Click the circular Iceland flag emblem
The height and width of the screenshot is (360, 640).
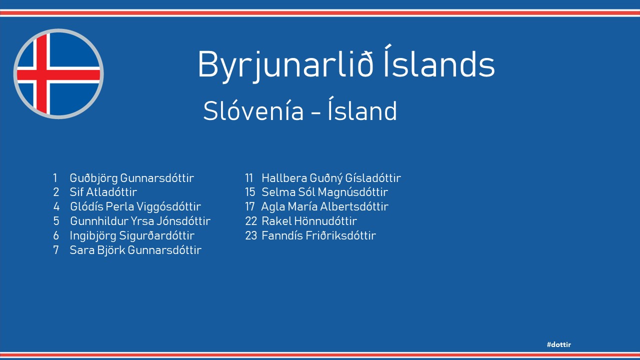point(58,73)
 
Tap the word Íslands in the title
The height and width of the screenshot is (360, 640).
point(439,61)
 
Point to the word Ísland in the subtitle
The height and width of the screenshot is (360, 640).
point(362,108)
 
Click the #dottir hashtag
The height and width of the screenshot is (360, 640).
point(559,344)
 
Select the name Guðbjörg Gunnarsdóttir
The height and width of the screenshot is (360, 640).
point(132,178)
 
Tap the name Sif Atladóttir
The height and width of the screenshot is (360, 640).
point(103,192)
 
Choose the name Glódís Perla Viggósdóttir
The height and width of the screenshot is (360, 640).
point(135,207)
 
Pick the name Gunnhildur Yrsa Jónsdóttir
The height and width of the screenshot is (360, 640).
point(140,221)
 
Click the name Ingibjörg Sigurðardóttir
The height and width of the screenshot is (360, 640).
point(132,235)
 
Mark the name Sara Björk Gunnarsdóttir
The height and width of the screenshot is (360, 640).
point(135,250)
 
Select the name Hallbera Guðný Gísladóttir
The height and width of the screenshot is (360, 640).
point(331,178)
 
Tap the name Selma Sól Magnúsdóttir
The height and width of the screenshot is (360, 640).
point(325,192)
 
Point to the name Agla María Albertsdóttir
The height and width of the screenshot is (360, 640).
point(325,206)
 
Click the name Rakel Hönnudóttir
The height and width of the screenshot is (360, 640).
point(309,221)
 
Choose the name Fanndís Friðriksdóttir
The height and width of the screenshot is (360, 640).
point(319,235)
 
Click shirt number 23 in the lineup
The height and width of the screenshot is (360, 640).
point(251,235)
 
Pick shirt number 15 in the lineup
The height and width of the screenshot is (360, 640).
point(250,192)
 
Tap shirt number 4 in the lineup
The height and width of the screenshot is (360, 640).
point(56,207)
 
